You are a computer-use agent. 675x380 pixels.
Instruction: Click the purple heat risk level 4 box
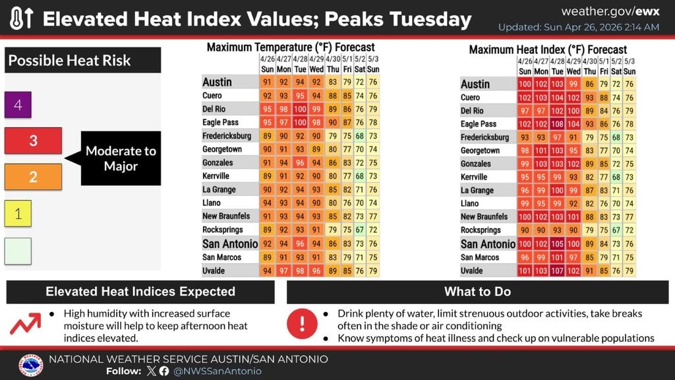(18, 105)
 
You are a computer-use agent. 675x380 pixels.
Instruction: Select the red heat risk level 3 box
(33, 141)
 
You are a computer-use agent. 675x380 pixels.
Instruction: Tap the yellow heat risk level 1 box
(18, 213)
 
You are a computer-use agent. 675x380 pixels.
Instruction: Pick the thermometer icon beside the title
(21, 18)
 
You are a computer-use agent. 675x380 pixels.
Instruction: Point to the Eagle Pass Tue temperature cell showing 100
(300, 123)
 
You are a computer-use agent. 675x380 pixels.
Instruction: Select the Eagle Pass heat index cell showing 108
(558, 124)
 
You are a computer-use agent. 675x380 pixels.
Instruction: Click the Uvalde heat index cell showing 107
(558, 270)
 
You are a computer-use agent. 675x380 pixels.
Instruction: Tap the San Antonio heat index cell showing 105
(558, 244)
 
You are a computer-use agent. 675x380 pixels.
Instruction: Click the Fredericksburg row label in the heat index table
(484, 137)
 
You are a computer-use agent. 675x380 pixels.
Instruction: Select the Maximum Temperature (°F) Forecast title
(291, 47)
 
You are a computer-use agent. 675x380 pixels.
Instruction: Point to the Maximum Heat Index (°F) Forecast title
(548, 49)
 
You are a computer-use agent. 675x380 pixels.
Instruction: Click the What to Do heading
(477, 292)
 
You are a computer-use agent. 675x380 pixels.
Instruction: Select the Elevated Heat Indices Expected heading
(140, 292)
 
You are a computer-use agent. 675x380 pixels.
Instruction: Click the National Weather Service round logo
(31, 365)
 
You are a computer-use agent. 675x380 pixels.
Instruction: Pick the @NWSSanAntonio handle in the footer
(218, 371)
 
